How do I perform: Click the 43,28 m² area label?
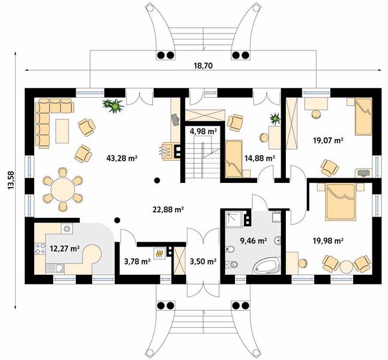(x=122, y=158)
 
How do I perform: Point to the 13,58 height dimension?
(x=11, y=181)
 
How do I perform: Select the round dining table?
(x=62, y=190)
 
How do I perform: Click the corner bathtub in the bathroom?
(x=267, y=266)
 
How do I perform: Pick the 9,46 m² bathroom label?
(x=253, y=241)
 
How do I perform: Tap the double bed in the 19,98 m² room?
(x=341, y=202)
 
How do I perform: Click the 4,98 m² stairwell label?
(x=203, y=131)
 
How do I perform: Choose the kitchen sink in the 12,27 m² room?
(x=55, y=269)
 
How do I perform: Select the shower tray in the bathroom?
(x=234, y=218)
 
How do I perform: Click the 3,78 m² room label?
(x=138, y=262)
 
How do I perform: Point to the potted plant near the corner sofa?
(x=113, y=106)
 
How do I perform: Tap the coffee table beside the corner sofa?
(x=62, y=131)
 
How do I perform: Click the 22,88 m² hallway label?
(x=168, y=209)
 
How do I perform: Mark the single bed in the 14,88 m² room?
(x=234, y=158)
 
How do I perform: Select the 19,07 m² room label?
(x=328, y=140)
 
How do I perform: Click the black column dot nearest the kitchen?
(x=117, y=220)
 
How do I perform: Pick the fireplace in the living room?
(x=171, y=151)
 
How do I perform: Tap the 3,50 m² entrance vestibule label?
(x=203, y=262)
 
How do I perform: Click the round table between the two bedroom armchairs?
(x=346, y=266)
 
